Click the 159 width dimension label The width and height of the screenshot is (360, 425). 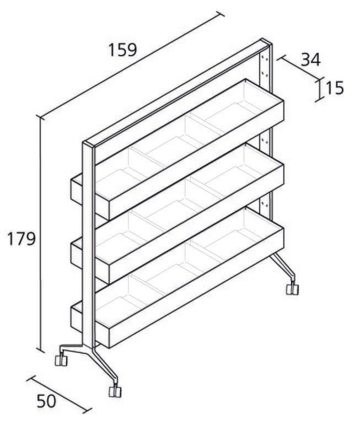click(x=122, y=50)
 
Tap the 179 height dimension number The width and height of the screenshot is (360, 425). click(x=21, y=239)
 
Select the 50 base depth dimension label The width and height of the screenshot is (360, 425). click(x=46, y=401)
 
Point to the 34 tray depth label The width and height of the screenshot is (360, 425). click(x=311, y=60)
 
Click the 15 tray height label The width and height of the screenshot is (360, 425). click(x=335, y=88)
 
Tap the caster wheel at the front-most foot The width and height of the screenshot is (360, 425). click(x=115, y=391)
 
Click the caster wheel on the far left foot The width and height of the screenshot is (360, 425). click(x=61, y=360)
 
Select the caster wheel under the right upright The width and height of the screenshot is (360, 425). click(x=293, y=289)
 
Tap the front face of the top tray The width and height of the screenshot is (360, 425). click(x=196, y=160)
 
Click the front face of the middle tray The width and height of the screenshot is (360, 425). click(x=196, y=224)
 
